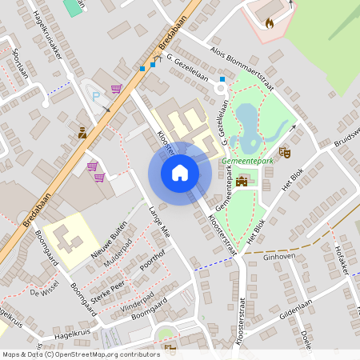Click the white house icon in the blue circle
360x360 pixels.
[179, 172]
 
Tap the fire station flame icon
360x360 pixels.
[269, 24]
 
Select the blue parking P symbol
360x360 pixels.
[98, 96]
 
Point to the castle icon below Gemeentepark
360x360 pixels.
[242, 180]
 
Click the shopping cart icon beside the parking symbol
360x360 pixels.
[116, 89]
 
